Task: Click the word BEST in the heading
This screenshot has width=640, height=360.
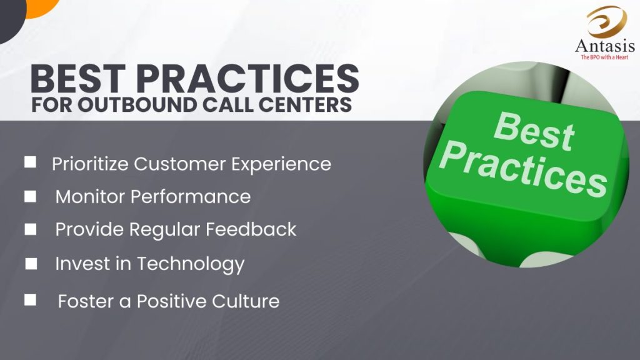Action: point(78,79)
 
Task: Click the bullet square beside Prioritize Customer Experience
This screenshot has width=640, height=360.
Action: point(30,162)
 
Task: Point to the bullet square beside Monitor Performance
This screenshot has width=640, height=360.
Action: point(30,196)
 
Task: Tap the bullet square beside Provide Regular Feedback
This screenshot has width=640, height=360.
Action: point(30,229)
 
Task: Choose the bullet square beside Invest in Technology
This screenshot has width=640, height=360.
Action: point(31,264)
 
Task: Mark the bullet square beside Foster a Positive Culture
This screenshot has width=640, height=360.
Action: point(30,300)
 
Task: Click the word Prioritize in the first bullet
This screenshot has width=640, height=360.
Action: point(90,164)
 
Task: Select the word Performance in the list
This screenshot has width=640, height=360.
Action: point(190,197)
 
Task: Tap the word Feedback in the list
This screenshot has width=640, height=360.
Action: point(251,229)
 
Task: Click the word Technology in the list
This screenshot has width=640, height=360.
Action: point(191,264)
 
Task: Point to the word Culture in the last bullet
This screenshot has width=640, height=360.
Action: point(246,301)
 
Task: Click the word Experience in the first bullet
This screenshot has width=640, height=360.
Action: point(281,164)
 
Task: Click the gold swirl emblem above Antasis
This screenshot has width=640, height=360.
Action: point(606,22)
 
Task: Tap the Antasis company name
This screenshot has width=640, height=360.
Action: point(605,46)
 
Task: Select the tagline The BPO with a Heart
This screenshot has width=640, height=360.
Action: point(604,57)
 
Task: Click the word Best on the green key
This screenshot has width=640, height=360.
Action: point(534,132)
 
